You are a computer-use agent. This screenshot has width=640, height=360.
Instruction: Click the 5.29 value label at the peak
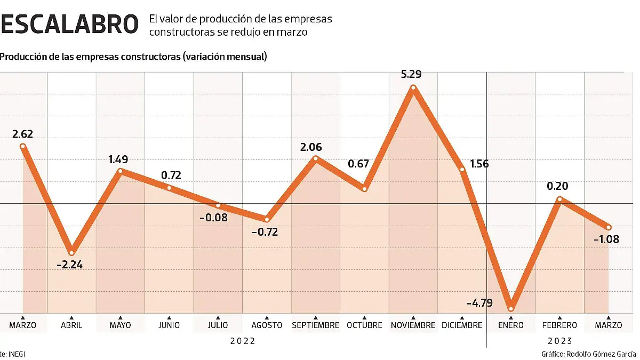pyautogui.click(x=411, y=74)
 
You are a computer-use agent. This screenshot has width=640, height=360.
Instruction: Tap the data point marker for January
pyautogui.click(x=511, y=308)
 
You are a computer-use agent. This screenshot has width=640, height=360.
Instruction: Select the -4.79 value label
pyautogui.click(x=479, y=303)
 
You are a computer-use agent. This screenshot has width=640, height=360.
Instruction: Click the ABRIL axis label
pyautogui.click(x=71, y=325)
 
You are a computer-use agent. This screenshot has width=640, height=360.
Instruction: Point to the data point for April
pyautogui.click(x=71, y=252)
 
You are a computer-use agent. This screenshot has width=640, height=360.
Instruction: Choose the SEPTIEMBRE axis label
pyautogui.click(x=315, y=325)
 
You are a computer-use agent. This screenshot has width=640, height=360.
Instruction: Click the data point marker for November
pyautogui.click(x=413, y=88)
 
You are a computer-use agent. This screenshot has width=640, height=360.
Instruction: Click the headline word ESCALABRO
pyautogui.click(x=68, y=24)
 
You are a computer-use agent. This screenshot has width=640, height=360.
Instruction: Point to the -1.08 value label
pyautogui.click(x=606, y=239)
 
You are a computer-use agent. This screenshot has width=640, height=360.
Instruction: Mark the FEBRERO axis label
pyautogui.click(x=559, y=325)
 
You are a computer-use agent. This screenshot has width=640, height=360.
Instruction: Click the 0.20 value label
pyautogui.click(x=557, y=186)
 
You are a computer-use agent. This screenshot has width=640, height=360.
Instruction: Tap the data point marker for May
pyautogui.click(x=121, y=171)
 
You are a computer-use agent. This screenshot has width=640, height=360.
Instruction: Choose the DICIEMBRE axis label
pyautogui.click(x=462, y=325)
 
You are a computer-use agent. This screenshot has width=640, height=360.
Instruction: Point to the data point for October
pyautogui.click(x=364, y=189)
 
